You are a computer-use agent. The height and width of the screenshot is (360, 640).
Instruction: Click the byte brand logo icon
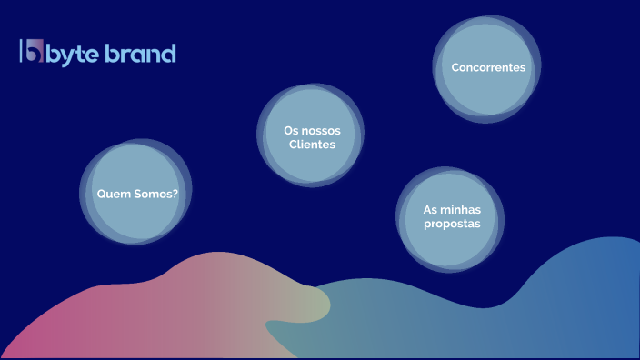(32, 52)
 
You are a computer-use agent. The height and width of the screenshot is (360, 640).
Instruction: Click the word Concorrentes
(488, 67)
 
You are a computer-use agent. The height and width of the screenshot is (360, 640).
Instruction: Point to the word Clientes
(312, 145)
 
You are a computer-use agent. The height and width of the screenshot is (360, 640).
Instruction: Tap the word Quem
(114, 194)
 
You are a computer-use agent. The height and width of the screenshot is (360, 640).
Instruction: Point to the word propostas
(452, 224)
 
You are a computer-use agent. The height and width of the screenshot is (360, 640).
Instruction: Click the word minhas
(463, 210)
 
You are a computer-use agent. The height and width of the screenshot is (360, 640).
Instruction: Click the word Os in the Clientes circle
(292, 131)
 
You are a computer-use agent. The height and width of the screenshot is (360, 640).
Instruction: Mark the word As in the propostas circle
(431, 210)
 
